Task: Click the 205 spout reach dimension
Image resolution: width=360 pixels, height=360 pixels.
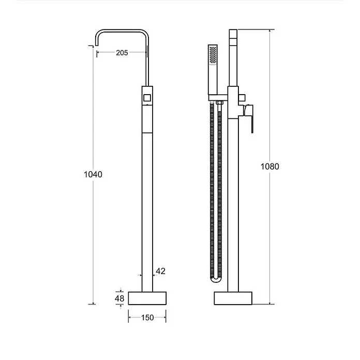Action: [122, 53]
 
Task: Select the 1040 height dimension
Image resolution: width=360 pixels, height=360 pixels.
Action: [93, 174]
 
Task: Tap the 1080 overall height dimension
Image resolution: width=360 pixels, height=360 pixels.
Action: [270, 167]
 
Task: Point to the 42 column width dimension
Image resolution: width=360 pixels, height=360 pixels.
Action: [160, 271]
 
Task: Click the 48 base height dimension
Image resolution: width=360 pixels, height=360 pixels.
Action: [119, 298]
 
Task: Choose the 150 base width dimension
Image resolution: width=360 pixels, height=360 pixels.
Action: [147, 318]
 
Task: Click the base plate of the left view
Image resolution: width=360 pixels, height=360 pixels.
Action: [147, 298]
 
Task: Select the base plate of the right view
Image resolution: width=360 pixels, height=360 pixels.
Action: [233, 298]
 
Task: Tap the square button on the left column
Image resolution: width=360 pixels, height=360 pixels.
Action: [147, 98]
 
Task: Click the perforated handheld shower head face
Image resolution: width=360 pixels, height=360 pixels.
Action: [213, 55]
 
